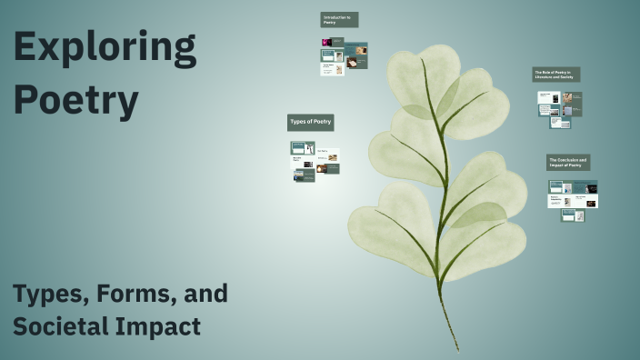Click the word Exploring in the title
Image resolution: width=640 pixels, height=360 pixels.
(105, 49)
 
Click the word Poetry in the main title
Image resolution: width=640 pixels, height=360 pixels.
(76, 100)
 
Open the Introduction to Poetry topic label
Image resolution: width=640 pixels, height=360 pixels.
(339, 19)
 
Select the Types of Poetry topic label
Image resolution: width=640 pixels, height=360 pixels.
(311, 122)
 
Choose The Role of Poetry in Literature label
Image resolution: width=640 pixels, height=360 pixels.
(555, 75)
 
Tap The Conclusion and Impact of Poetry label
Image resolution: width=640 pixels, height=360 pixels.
(568, 162)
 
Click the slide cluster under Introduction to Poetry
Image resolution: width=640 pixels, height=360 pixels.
(344, 55)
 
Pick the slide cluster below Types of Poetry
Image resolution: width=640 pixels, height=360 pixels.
(315, 161)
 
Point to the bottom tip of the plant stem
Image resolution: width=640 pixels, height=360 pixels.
(458, 348)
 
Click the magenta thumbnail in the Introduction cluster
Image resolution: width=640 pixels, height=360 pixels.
(326, 42)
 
